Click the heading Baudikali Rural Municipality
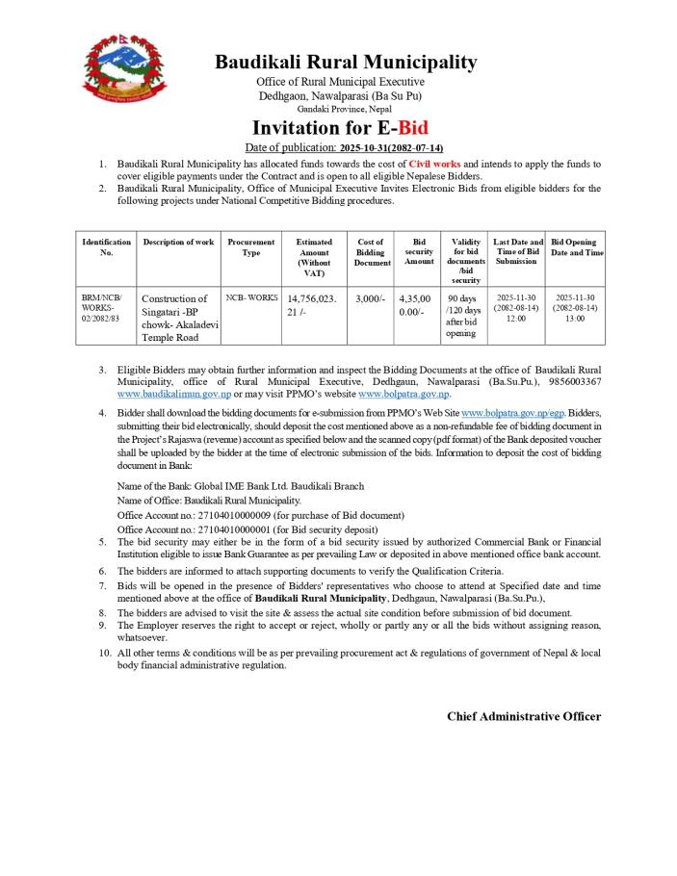(x=345, y=63)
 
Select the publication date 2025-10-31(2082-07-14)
(x=391, y=148)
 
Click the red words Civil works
(x=434, y=165)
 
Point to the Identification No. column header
(x=107, y=247)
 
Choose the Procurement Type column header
(x=250, y=247)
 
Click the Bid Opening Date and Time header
(x=577, y=247)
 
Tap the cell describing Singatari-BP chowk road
(x=179, y=319)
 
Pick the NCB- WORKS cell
(x=251, y=298)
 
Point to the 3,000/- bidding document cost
(x=370, y=298)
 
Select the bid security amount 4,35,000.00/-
(x=416, y=305)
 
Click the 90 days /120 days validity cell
(x=466, y=316)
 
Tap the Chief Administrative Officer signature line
(x=523, y=717)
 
